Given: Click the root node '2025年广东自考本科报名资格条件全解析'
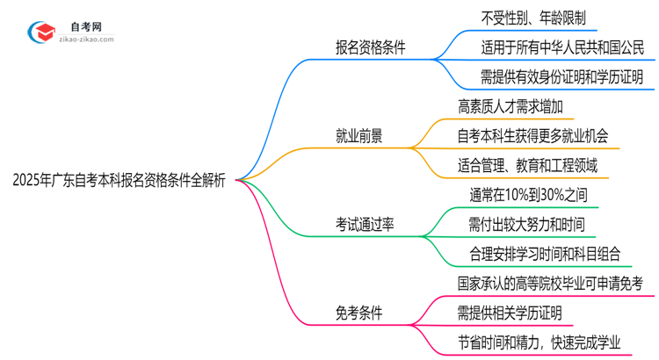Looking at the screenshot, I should pos(119,181).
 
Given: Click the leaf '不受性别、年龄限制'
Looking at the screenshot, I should pos(522,18).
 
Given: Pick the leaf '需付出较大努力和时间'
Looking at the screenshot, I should pos(528,225).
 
